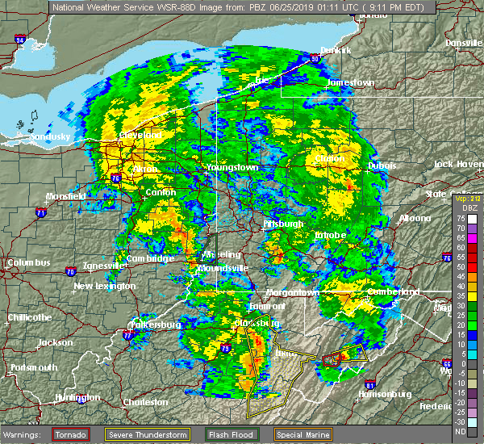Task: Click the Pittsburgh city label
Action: pos(282,224)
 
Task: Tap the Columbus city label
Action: pos(28,262)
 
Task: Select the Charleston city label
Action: pos(145,401)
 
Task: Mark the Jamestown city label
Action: pos(351,83)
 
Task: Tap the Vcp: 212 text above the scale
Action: pos(466,198)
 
